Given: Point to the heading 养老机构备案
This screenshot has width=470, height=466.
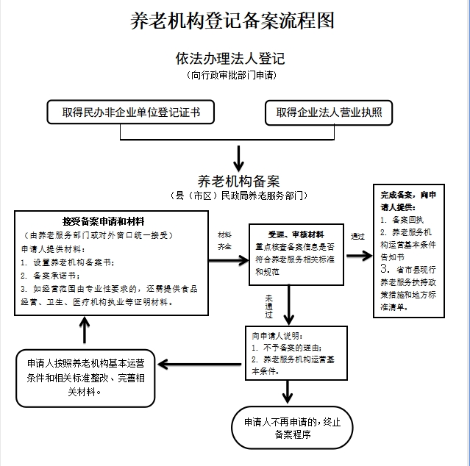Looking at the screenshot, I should (x=238, y=180).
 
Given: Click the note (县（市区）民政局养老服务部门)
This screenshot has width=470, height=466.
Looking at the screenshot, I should (x=238, y=196).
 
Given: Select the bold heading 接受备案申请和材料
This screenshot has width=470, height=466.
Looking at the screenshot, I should (x=103, y=221).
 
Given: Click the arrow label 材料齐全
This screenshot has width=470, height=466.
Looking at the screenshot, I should (x=224, y=241).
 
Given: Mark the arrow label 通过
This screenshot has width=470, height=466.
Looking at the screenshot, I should (x=358, y=236).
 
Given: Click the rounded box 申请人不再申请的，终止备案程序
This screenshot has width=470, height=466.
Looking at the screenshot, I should (x=292, y=429).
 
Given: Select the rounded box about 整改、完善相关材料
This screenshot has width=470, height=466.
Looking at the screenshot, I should (x=85, y=377).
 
